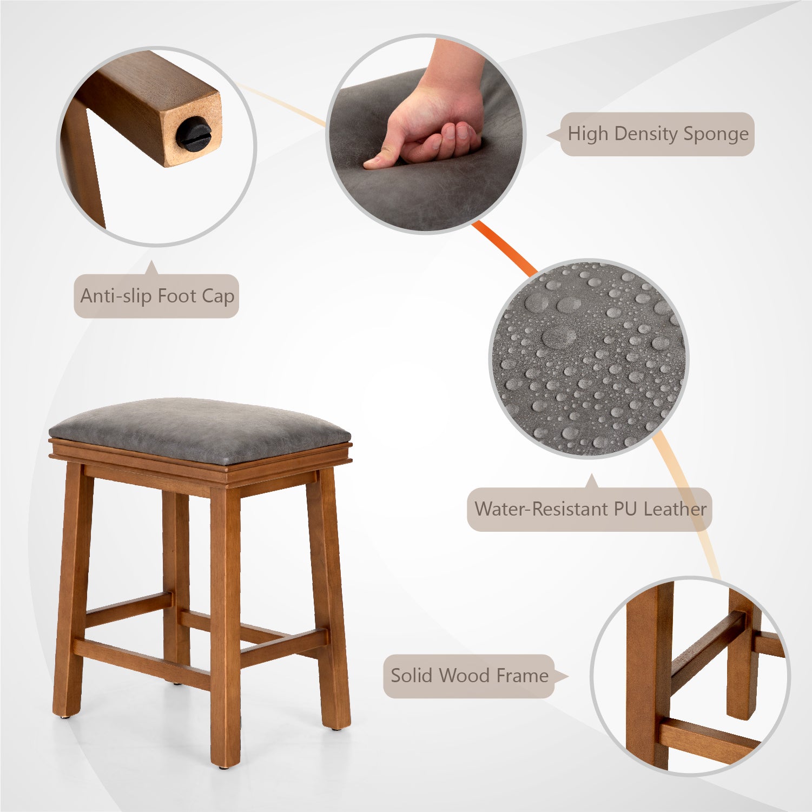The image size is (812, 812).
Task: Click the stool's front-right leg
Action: [226, 623]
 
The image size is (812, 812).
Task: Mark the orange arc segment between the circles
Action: [505, 248]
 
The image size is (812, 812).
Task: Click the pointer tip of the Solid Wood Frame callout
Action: [568, 676]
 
